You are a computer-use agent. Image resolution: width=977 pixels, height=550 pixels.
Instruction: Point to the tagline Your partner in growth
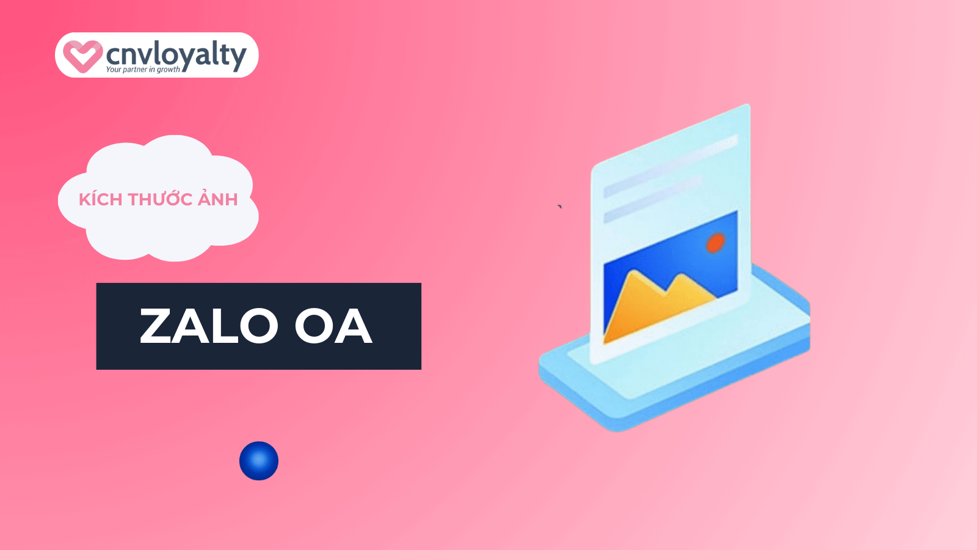pos(143,70)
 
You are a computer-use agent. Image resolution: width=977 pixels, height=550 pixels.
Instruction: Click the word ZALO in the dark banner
pos(208,326)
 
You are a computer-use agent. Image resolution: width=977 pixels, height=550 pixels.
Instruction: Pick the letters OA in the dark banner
pos(333,326)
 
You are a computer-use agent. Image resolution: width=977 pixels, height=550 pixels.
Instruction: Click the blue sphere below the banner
pos(259,461)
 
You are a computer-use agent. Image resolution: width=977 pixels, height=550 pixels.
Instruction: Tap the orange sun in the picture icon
pos(715,243)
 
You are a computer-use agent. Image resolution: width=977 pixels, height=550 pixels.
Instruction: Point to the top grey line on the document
pos(671,166)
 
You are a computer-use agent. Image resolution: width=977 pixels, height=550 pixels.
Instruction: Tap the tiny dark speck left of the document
pos(559,207)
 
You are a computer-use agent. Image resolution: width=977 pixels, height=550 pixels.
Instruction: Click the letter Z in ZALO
pos(156,326)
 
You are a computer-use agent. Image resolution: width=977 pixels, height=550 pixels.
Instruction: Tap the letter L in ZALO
pos(222,326)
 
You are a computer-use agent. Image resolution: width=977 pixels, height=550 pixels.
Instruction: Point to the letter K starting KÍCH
pos(84,199)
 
